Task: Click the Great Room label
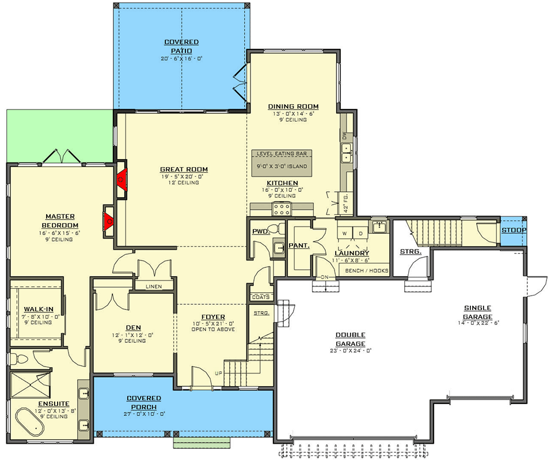pyautogui.click(x=184, y=169)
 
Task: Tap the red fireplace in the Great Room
pyautogui.click(x=122, y=179)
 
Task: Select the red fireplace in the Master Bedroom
pyautogui.click(x=109, y=221)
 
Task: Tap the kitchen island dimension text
pyautogui.click(x=282, y=167)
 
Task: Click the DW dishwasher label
pyautogui.click(x=344, y=135)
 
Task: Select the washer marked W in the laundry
pyautogui.click(x=345, y=233)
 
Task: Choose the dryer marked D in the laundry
pyautogui.click(x=360, y=233)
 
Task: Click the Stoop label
pyautogui.click(x=514, y=231)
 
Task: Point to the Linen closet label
pyautogui.click(x=154, y=286)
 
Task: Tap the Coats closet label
pyautogui.click(x=261, y=297)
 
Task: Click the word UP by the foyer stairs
pyautogui.click(x=219, y=373)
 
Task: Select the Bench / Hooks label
pyautogui.click(x=367, y=270)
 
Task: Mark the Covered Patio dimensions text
pyautogui.click(x=182, y=59)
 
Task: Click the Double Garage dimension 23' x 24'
pyautogui.click(x=351, y=350)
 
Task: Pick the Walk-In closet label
pyautogui.click(x=39, y=309)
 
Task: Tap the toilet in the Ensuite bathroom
pyautogui.click(x=18, y=360)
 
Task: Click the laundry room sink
pyautogui.click(x=379, y=228)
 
